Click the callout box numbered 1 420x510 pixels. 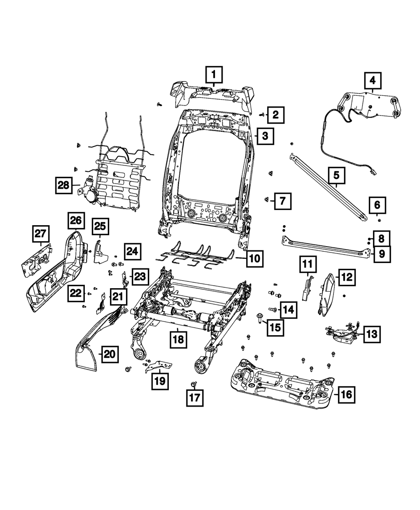pos(214,76)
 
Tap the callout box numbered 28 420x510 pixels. pos(64,185)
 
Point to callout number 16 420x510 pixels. pos(346,394)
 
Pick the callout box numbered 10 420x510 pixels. pos(255,258)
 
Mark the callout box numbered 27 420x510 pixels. pos(41,234)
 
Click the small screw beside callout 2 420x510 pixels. pos(262,114)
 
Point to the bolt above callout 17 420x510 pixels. pos(194,384)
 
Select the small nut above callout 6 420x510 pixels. pos(379,219)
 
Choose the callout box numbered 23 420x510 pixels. pos(140,277)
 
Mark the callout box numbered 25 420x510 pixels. pos(100,228)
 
